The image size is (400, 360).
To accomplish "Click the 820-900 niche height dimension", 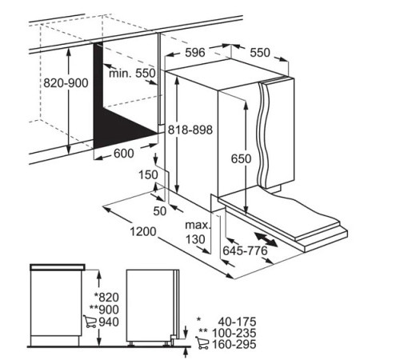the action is point(66,83).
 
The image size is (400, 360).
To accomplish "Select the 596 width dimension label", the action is point(195,53).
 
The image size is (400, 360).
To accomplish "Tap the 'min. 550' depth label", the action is point(132,73).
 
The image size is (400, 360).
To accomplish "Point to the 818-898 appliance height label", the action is point(190,130).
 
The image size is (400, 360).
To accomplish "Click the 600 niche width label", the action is point(124,154).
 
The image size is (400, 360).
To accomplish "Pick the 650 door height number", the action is point(241,158).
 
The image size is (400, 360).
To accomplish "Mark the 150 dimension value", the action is point(148,175).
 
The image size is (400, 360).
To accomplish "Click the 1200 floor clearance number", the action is point(143,231).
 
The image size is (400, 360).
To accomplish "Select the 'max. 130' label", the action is point(198,232).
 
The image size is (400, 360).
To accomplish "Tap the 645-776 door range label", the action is point(245,250).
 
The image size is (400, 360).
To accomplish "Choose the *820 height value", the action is point(106,297).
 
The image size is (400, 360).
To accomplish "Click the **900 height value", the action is point(104,310).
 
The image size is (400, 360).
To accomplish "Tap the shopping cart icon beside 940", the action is point(90,322).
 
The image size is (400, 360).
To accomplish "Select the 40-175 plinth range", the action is point(237,322).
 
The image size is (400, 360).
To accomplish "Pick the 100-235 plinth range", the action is point(234,333).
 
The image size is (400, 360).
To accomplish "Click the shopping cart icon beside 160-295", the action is point(202,343).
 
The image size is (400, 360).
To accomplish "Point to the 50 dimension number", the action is point(160,211).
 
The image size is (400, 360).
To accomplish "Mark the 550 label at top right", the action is point(260,53).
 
